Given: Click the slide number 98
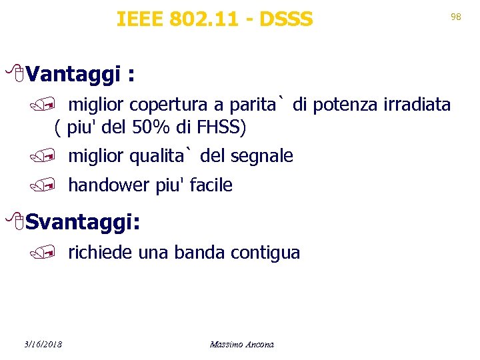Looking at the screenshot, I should [456, 17].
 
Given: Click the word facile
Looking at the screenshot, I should [211, 185].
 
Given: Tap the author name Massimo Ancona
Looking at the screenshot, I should [241, 344].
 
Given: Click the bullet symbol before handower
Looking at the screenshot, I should [56, 185].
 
